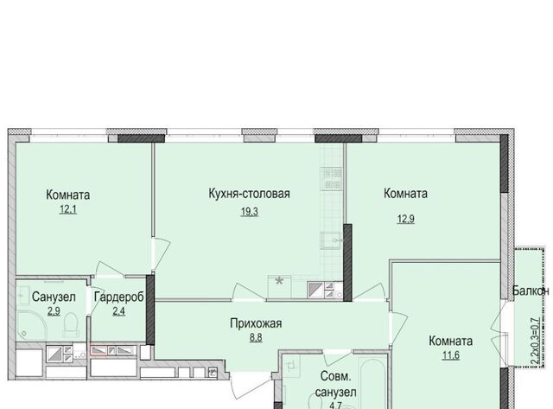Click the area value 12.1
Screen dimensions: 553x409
[68, 209]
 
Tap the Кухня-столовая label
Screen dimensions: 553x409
[250, 194]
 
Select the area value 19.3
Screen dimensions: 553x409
[250, 212]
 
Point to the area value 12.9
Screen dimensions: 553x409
[406, 219]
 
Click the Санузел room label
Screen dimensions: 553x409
[54, 297]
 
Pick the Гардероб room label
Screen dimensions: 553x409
[119, 297]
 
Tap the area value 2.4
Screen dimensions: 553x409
[119, 311]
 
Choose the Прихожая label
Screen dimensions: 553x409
[256, 323]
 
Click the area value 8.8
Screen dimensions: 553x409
[256, 338]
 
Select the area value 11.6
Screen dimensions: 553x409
[451, 355]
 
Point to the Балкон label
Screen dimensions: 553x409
[531, 291]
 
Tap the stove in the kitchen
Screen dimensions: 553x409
[332, 179]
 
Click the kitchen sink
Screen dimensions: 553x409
[332, 240]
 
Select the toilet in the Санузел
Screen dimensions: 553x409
[71, 324]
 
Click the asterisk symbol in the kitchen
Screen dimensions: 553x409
[279, 281]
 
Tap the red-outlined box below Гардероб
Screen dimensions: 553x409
[99, 351]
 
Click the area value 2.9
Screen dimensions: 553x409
[54, 311]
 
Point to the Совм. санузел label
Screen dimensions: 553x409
[335, 384]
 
